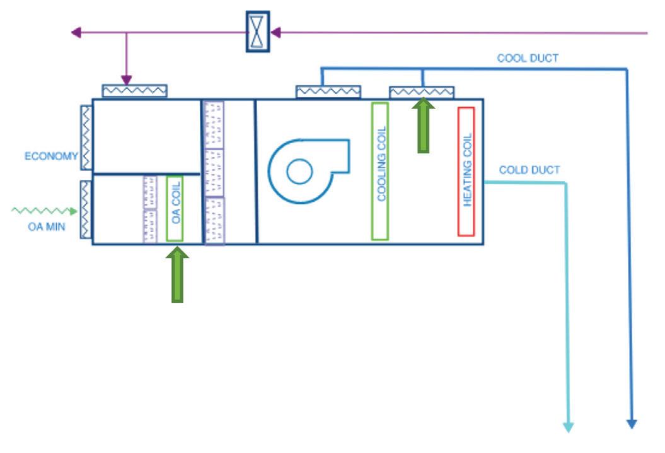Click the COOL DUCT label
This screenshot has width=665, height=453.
click(528, 59)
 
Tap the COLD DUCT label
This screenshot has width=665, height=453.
click(529, 170)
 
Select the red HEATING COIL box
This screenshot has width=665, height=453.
click(466, 172)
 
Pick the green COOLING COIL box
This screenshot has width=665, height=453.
click(379, 171)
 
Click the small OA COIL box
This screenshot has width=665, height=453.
click(175, 208)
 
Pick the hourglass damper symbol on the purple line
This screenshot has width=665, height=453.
click(257, 32)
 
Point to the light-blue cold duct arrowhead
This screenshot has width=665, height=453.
click(568, 427)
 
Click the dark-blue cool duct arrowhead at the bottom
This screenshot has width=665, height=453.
click(632, 423)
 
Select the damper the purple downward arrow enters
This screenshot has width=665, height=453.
click(134, 91)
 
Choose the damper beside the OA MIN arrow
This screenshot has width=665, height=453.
click(86, 209)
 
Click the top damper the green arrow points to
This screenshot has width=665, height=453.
click(422, 93)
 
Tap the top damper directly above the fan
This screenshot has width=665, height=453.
click(328, 92)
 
